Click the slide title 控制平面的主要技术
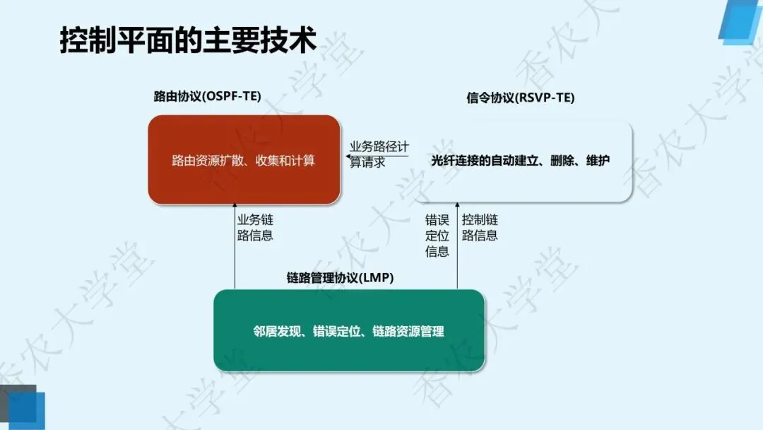pos(187,41)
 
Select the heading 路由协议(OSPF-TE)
pos(207,97)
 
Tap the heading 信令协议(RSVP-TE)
pos(521,98)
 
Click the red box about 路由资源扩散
pos(244,160)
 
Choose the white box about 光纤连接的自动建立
pos(521,161)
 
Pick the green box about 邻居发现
pos(349,330)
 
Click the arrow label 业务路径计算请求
pos(379,154)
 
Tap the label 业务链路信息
pos(255,228)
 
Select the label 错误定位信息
pos(437,236)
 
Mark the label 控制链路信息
pos(480,228)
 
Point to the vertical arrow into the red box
pos(235,248)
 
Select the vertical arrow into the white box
pos(457,248)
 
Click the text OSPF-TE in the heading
pos(230,97)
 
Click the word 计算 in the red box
pos(304,161)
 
